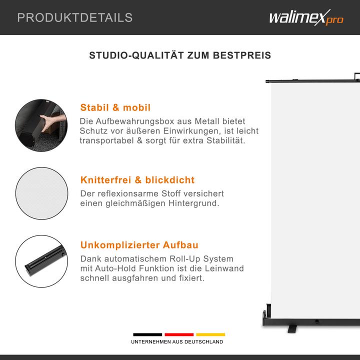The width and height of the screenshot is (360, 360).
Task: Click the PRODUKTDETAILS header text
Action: [75, 18]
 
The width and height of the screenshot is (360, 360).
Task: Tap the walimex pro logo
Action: [306, 18]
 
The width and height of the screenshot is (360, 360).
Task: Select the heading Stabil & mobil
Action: [115, 107]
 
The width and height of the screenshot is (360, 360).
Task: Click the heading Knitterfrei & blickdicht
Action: [137, 180]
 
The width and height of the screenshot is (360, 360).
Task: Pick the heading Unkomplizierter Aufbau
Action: [139, 245]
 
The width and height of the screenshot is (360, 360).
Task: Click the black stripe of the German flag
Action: [147, 334]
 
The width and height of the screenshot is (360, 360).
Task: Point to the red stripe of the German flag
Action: [179, 334]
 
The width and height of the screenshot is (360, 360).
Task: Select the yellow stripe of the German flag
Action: [210, 334]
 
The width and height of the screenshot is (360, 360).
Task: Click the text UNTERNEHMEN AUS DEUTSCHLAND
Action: [177, 342]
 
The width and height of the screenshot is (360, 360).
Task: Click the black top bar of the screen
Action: [310, 78]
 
